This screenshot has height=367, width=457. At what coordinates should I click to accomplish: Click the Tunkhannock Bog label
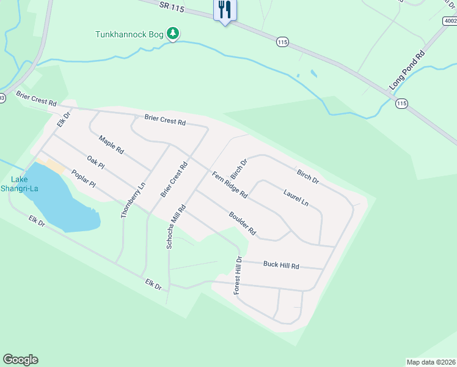point(130,34)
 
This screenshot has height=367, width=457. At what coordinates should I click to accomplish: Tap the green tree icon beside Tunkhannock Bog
point(173,34)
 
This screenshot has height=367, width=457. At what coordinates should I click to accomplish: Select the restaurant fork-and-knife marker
point(225,10)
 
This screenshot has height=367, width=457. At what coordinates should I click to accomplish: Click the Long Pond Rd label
point(407,71)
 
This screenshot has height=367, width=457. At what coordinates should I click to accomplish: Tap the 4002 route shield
point(450,21)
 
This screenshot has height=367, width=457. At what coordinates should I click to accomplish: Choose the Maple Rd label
point(111,145)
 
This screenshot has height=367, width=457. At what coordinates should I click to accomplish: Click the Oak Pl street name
point(96,163)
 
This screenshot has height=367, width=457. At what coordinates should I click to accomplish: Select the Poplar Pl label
point(83,179)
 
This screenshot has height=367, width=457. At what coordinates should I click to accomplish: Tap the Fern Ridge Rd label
point(230,185)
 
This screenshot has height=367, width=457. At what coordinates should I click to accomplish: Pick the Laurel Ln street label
point(296,196)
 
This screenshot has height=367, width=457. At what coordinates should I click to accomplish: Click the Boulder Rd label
point(242,224)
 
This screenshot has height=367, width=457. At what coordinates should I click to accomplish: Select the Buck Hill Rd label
point(281,265)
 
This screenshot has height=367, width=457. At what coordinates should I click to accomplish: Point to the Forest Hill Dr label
point(239,276)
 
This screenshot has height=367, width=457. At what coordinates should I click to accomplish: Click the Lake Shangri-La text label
point(24,183)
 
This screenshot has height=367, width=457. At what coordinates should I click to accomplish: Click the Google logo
point(20,360)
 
